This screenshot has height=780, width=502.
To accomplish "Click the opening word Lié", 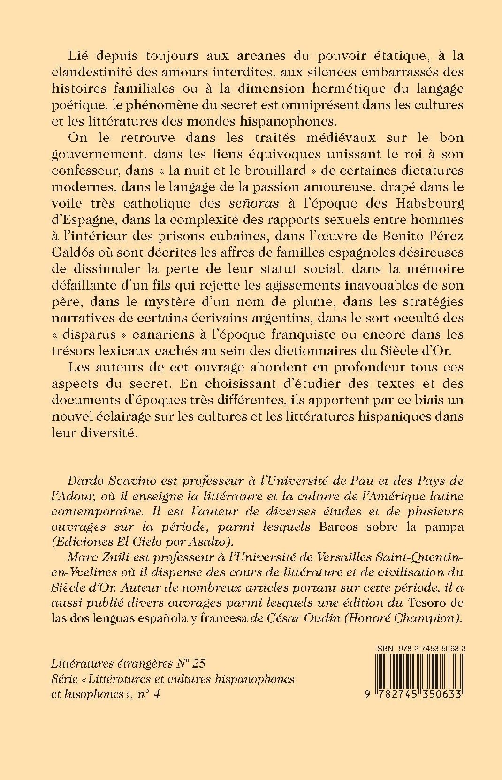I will tap(78, 56).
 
